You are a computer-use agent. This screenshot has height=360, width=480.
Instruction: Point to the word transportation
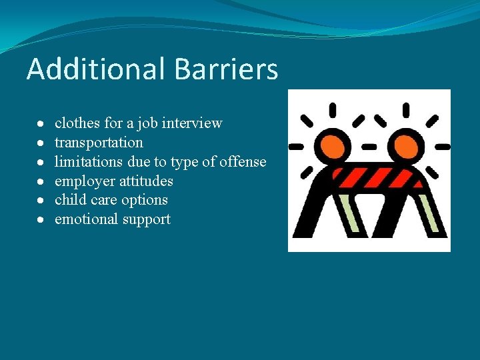(99, 143)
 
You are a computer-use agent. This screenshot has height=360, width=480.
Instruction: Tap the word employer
(81, 181)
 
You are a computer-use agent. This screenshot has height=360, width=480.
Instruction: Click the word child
(69, 200)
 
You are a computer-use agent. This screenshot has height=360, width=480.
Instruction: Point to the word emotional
(83, 219)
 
